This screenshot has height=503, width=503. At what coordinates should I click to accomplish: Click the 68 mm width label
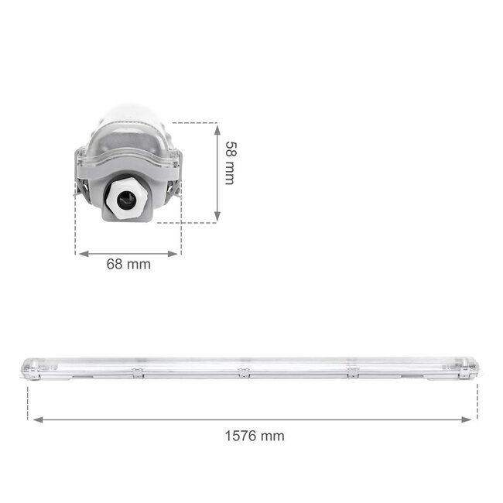tap(128, 264)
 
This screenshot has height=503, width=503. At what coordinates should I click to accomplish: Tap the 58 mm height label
tap(229, 162)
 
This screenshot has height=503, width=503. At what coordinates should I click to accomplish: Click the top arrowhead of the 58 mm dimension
tap(217, 126)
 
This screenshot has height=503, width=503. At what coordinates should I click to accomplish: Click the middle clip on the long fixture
tap(244, 375)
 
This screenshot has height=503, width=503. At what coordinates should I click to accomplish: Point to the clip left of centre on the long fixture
tap(138, 375)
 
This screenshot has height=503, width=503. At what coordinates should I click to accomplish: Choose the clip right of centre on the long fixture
tap(353, 375)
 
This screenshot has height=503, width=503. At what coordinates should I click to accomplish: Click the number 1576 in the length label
tap(241, 436)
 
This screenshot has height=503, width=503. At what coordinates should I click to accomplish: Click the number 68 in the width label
tap(115, 264)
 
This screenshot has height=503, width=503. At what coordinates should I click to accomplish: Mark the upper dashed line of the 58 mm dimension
tap(193, 122)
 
